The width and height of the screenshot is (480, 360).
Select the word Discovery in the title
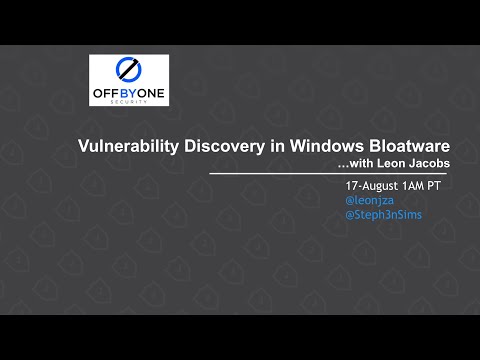pyautogui.click(x=208, y=146)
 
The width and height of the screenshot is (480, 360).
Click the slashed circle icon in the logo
pyautogui.click(x=128, y=69)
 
